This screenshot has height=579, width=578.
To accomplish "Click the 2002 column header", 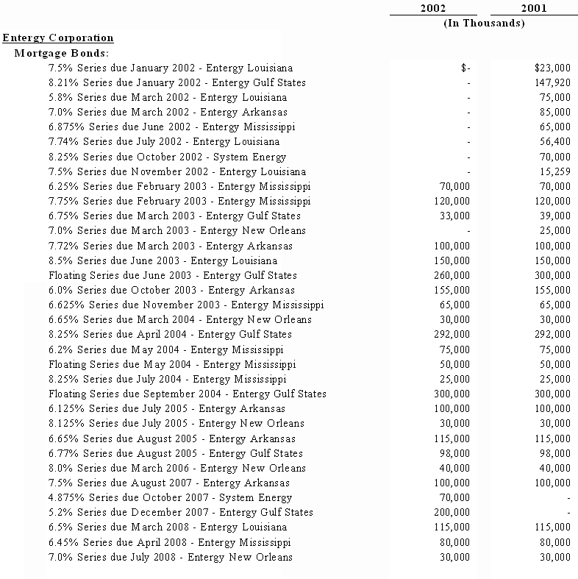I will tap(432, 8).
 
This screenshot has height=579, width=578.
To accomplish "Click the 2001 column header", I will tap(533, 8).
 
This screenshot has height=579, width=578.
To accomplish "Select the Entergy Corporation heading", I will tap(58, 38).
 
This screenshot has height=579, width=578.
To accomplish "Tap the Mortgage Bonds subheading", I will tap(61, 53).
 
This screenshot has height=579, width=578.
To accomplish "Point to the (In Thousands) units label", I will tap(484, 23).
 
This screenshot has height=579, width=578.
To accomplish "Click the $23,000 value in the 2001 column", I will tap(552, 68).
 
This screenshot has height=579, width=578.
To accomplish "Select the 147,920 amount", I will tap(552, 82).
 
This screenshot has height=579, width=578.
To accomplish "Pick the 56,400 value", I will tap(555, 141).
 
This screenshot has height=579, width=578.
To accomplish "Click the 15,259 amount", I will tap(555, 171).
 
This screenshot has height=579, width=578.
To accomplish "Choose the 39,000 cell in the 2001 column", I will tap(555, 216).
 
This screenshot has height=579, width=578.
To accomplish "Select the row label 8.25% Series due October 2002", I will tap(167, 157).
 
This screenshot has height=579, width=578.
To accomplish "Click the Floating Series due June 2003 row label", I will tap(173, 275).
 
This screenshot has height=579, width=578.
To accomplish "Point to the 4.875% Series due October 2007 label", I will tap(170, 497).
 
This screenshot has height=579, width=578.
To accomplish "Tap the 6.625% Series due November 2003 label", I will tap(186, 305).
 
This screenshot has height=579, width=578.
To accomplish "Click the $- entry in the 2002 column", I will tap(465, 68).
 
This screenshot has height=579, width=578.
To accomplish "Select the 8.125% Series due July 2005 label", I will tap(176, 423).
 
